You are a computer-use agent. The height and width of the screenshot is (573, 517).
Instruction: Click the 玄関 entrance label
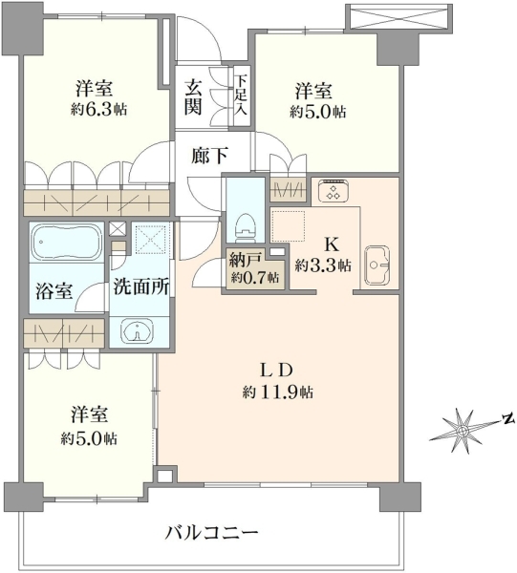[x=193, y=97]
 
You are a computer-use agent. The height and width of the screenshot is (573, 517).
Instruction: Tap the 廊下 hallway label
[x=210, y=156]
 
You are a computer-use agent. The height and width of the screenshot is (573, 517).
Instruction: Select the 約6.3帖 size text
[x=98, y=109]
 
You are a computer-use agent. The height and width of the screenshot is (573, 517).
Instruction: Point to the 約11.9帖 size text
[x=277, y=393]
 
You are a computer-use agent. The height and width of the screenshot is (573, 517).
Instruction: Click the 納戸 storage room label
[x=246, y=261]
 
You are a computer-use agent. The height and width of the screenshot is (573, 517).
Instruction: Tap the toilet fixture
[x=246, y=228]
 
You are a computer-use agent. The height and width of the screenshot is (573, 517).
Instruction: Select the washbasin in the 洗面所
[x=137, y=331]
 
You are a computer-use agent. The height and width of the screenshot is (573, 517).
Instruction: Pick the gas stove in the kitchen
[x=334, y=191]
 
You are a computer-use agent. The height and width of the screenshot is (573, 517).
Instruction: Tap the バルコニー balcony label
[x=212, y=533]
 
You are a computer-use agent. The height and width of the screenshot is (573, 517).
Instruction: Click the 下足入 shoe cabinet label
[x=241, y=95]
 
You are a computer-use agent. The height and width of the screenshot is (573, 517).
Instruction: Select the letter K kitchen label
[x=332, y=244]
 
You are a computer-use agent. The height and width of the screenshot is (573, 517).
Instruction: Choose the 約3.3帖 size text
[x=323, y=265]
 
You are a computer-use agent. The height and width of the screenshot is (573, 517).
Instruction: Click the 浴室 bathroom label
[x=54, y=291]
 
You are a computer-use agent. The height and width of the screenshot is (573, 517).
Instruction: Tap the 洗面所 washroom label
[x=140, y=286]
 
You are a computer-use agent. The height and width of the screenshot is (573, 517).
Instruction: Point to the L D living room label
[x=276, y=371]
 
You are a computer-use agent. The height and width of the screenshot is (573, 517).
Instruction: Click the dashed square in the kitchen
[x=288, y=225]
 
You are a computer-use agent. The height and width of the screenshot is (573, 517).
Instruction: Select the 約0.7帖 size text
[x=254, y=278]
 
